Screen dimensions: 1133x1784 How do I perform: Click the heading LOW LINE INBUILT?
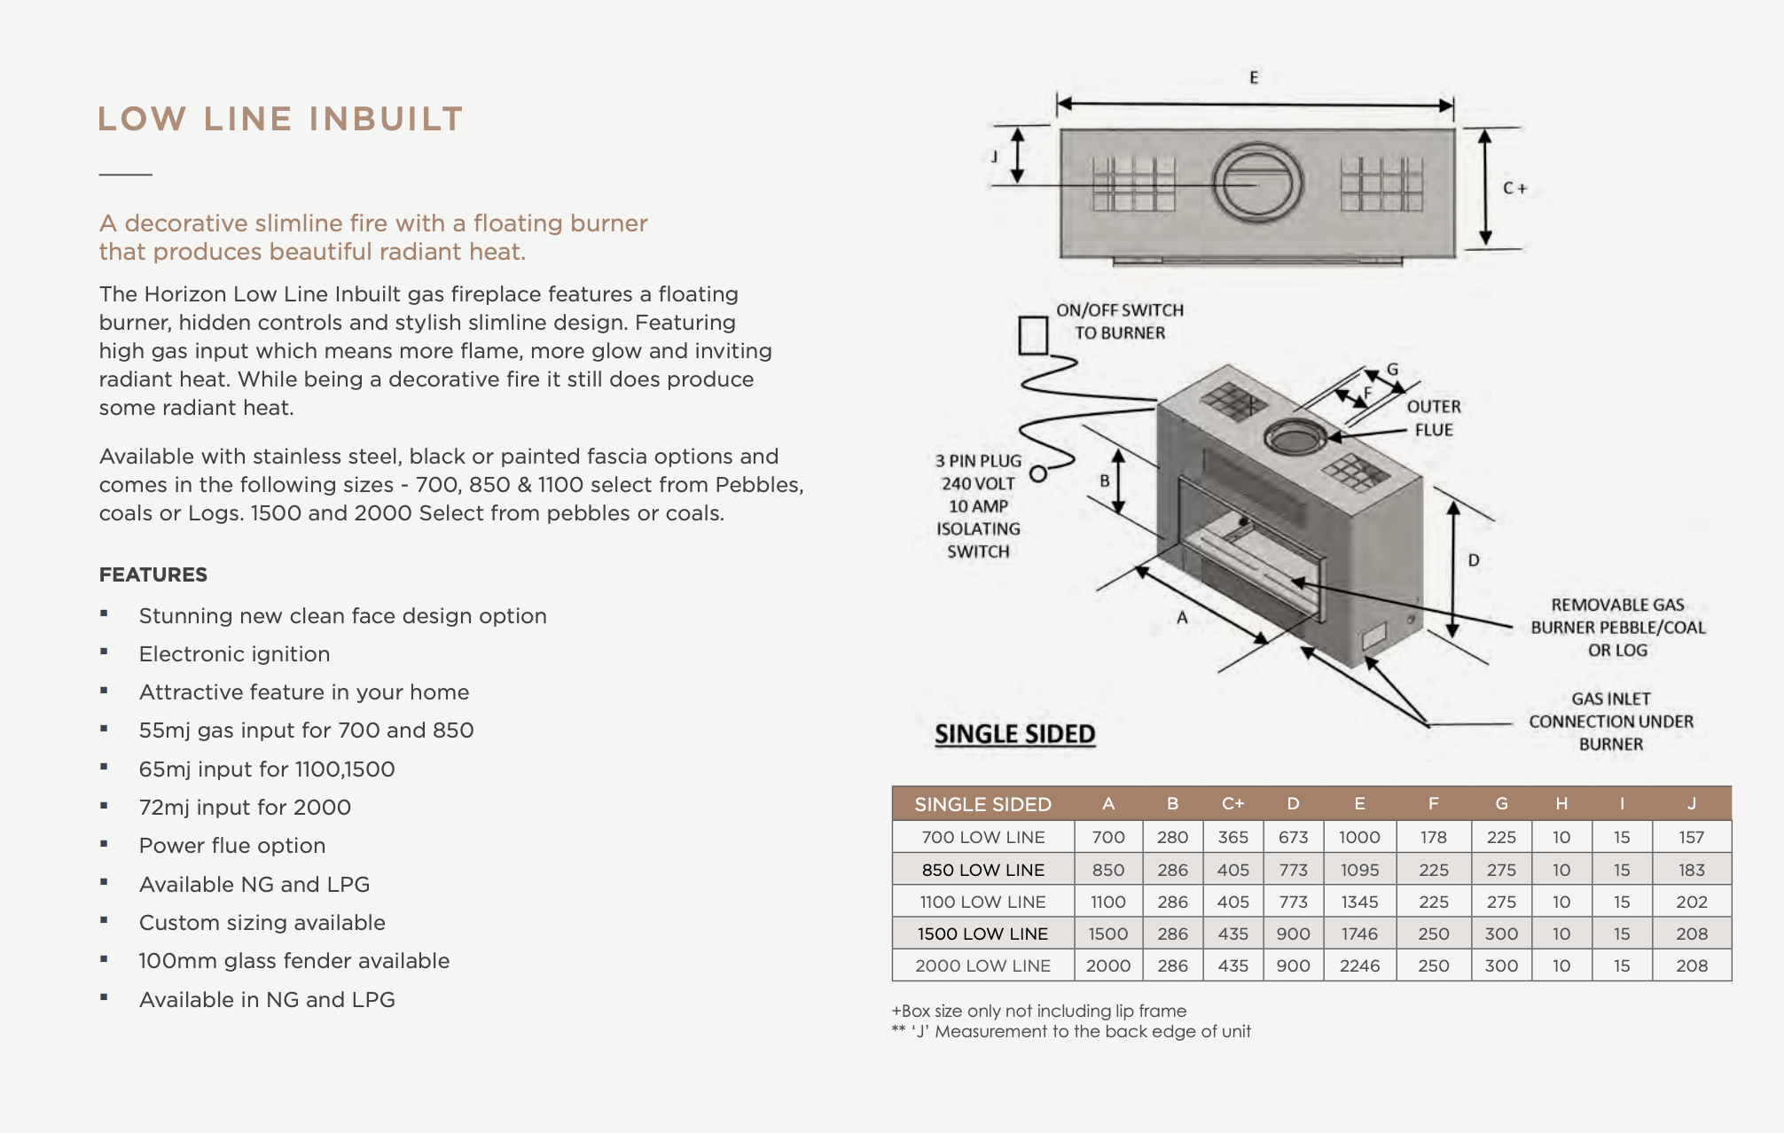(280, 119)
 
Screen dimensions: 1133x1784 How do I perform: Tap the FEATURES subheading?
(153, 574)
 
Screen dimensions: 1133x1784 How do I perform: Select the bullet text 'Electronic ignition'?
(234, 654)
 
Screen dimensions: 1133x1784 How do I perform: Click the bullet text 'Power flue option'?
(231, 846)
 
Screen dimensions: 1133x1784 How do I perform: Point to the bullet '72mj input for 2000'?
(245, 808)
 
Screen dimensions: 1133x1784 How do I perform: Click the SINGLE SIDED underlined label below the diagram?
(1014, 734)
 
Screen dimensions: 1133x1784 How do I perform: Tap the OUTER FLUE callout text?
(1433, 418)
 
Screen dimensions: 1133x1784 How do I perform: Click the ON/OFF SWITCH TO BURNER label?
(1119, 321)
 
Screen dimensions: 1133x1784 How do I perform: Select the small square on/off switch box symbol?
(1032, 336)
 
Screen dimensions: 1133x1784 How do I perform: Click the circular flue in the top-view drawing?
(1256, 184)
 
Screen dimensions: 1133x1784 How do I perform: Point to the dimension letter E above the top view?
(1254, 78)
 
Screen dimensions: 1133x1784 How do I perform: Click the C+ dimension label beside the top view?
(1514, 188)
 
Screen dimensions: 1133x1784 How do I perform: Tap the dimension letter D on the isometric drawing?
(1473, 560)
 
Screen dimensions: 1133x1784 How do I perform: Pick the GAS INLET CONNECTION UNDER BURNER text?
(1610, 722)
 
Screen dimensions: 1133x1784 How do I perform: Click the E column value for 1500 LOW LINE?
(1358, 934)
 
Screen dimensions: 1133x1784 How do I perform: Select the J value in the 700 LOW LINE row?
(1691, 837)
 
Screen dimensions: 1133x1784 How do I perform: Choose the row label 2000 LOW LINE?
(982, 965)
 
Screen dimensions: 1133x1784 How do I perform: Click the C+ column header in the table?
(1232, 804)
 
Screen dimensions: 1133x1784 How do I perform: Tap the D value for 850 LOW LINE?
(1293, 870)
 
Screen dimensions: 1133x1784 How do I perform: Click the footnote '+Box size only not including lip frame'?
(1038, 1011)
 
